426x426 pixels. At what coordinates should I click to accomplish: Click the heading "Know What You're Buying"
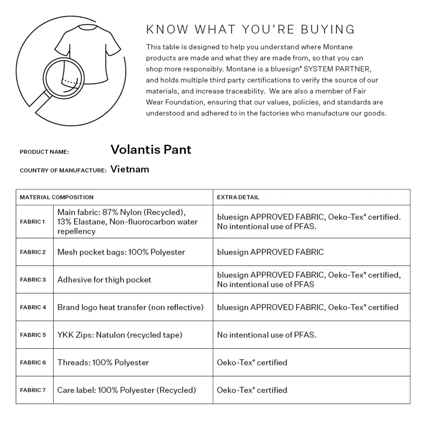pyautogui.click(x=250, y=29)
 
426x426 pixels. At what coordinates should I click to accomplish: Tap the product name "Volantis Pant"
pyautogui.click(x=151, y=150)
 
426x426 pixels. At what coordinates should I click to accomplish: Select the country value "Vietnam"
pyautogui.click(x=129, y=169)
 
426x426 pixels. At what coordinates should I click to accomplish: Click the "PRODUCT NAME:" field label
pyautogui.click(x=44, y=152)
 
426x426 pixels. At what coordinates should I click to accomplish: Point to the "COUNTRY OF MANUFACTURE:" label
pyautogui.click(x=63, y=170)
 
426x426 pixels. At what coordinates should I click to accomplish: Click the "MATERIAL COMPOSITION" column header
pyautogui.click(x=56, y=197)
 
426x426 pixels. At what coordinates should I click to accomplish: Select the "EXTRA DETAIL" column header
pyautogui.click(x=238, y=197)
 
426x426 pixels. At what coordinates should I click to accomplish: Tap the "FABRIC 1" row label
pyautogui.click(x=33, y=222)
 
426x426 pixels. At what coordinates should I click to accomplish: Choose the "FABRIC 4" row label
pyautogui.click(x=33, y=307)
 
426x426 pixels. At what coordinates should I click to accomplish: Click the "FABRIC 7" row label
pyautogui.click(x=33, y=390)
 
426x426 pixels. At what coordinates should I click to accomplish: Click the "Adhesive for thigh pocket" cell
pyautogui.click(x=104, y=280)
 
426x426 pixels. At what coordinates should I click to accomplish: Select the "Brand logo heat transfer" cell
pyautogui.click(x=130, y=307)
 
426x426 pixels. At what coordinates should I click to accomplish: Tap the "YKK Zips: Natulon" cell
pyautogui.click(x=120, y=335)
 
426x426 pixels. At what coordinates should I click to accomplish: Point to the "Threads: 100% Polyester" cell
pyautogui.click(x=103, y=363)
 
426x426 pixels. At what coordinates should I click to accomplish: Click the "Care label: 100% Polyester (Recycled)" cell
pyautogui.click(x=127, y=390)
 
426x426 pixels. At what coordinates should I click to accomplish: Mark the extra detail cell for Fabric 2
pyautogui.click(x=270, y=252)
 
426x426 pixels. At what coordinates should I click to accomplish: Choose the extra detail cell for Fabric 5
pyautogui.click(x=267, y=335)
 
